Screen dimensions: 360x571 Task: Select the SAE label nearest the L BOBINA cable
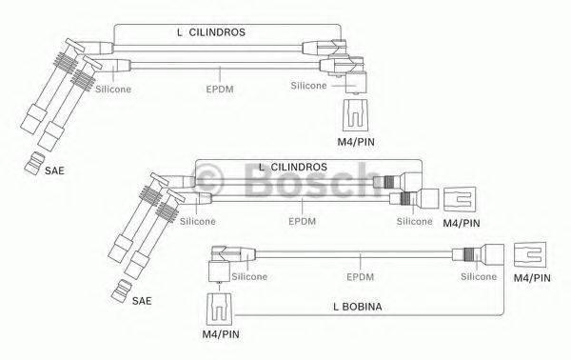tap(141, 300)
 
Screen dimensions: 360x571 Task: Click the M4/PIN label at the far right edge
tap(531, 277)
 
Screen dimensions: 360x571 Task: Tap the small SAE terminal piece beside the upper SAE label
tap(33, 162)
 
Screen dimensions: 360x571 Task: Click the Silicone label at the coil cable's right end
tap(479, 276)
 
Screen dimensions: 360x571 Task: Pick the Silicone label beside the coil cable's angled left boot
tap(247, 276)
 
